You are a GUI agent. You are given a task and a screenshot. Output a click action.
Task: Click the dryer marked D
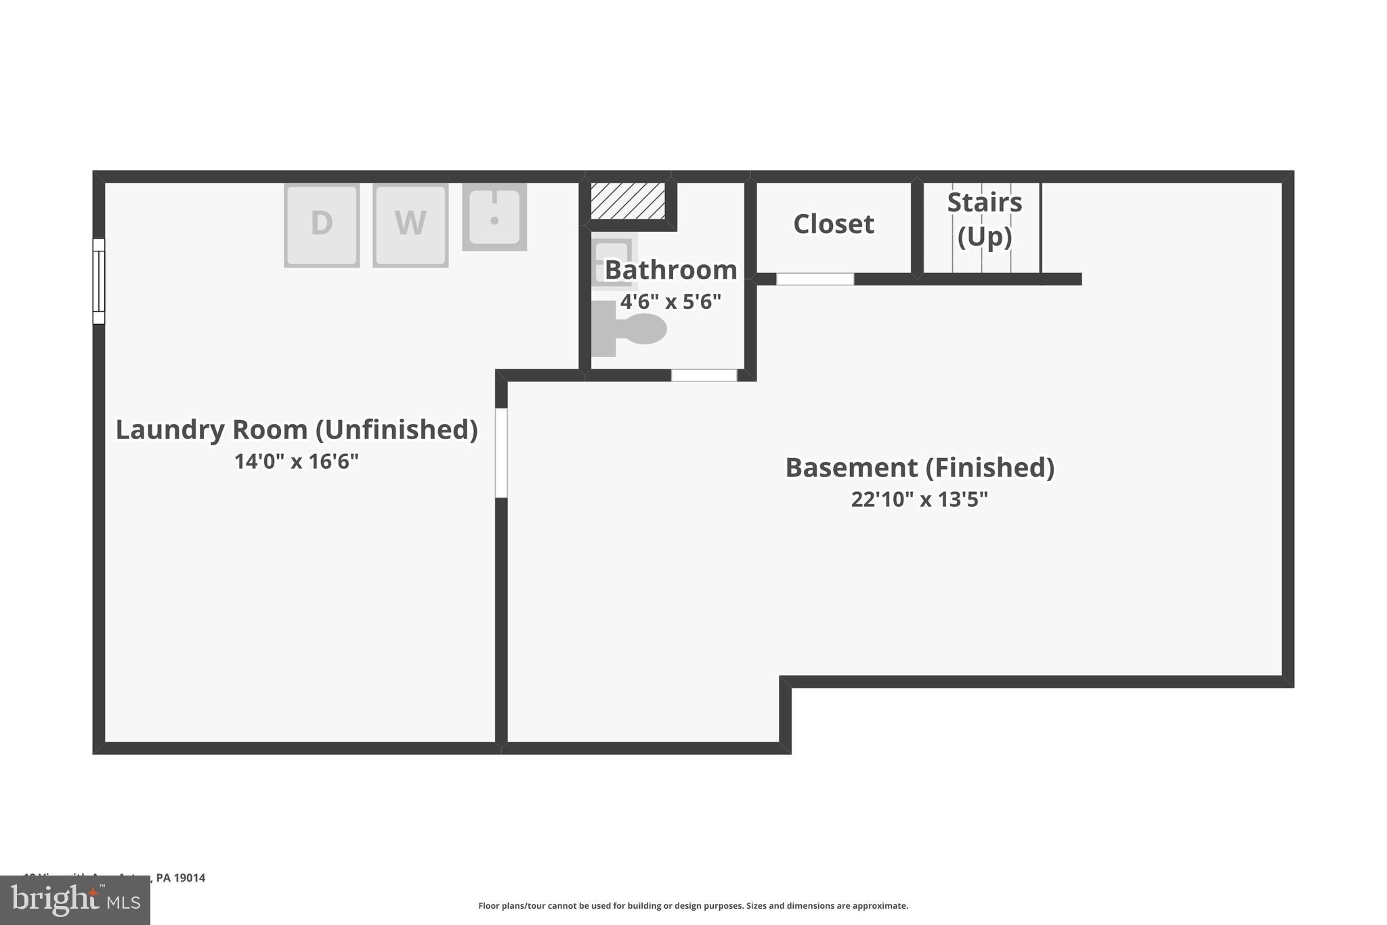pos(321,224)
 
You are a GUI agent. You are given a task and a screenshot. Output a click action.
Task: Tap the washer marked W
pos(410,224)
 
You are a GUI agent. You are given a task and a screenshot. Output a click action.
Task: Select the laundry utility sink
pos(494,217)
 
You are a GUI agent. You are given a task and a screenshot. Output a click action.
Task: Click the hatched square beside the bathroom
pos(627,200)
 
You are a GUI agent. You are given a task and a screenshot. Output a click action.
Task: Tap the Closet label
pos(833,224)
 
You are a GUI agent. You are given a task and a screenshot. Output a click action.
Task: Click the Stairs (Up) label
pos(984,220)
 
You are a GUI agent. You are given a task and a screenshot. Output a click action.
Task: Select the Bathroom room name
pos(670,270)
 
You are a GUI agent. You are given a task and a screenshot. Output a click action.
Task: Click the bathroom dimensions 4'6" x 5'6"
pos(670,302)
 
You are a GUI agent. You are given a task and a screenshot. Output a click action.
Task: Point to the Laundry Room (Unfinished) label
pos(297,430)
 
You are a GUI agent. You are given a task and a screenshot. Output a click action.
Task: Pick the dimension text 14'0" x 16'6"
pos(297,461)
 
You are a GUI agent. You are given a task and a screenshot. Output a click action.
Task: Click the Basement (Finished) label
pos(920,468)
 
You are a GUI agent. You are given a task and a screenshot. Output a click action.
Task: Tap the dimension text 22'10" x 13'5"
pos(920,499)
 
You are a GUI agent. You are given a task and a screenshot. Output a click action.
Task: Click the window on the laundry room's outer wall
pos(99,281)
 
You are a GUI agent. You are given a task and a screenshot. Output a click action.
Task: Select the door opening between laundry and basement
pos(501,453)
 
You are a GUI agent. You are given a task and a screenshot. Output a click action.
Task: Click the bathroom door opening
pos(704,375)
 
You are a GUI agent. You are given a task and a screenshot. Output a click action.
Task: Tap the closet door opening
pos(815,279)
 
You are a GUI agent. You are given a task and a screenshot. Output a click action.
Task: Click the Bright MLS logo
pos(75,901)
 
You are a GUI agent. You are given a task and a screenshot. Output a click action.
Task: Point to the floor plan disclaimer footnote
pos(693,906)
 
